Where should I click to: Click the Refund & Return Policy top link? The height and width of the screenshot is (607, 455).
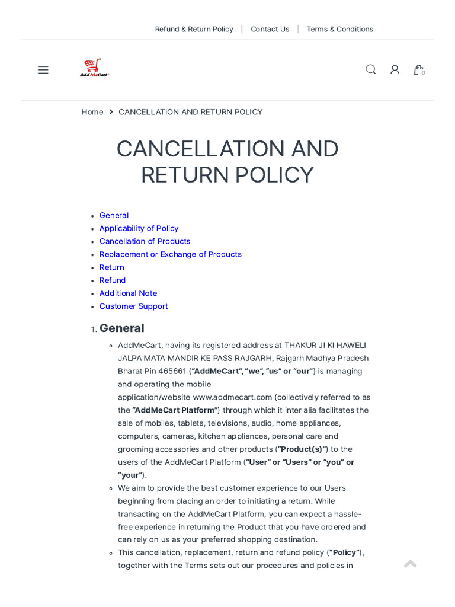tap(194, 29)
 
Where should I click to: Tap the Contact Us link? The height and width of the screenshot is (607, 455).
tap(270, 29)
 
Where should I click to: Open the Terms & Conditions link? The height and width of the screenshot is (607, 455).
tap(339, 29)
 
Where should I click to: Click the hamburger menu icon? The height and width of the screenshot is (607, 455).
tap(43, 70)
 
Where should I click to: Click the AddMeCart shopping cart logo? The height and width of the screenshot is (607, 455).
tap(94, 68)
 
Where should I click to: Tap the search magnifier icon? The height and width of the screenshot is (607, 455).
tap(371, 69)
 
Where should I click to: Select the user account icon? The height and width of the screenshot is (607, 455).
tap(395, 70)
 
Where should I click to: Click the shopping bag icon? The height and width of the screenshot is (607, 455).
tap(418, 70)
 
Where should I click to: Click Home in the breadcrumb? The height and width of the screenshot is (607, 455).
tap(92, 112)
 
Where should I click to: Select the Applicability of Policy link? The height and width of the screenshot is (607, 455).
tap(139, 228)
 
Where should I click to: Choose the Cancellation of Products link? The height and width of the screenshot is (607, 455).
tap(145, 241)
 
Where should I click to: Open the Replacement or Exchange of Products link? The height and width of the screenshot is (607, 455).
tap(170, 254)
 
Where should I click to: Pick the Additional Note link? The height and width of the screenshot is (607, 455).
tap(128, 293)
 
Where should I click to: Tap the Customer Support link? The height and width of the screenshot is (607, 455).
tap(133, 306)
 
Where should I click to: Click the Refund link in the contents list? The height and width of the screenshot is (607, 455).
tap(113, 280)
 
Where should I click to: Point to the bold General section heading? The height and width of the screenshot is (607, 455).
tap(121, 328)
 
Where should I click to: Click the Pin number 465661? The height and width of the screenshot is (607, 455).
tap(172, 371)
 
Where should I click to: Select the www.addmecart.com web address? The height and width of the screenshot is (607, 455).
tap(232, 397)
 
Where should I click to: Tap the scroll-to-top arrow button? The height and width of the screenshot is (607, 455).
tap(410, 564)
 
